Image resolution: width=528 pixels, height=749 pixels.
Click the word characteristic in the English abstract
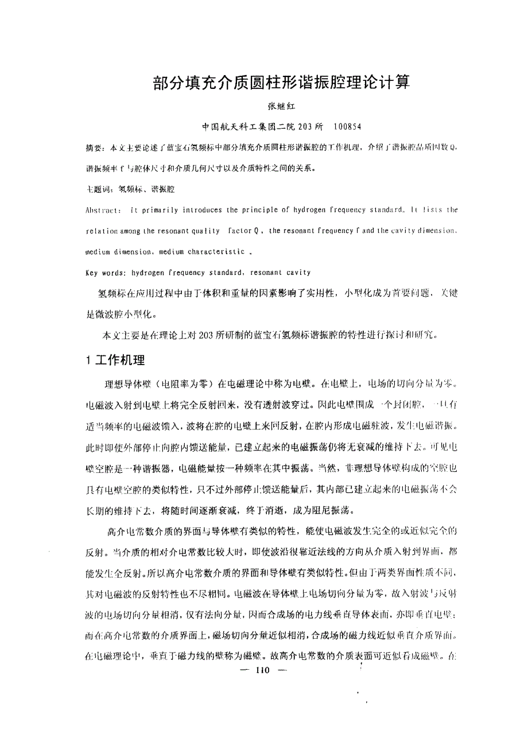click(221, 251)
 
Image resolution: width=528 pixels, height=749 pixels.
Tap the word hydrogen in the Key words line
click(147, 273)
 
